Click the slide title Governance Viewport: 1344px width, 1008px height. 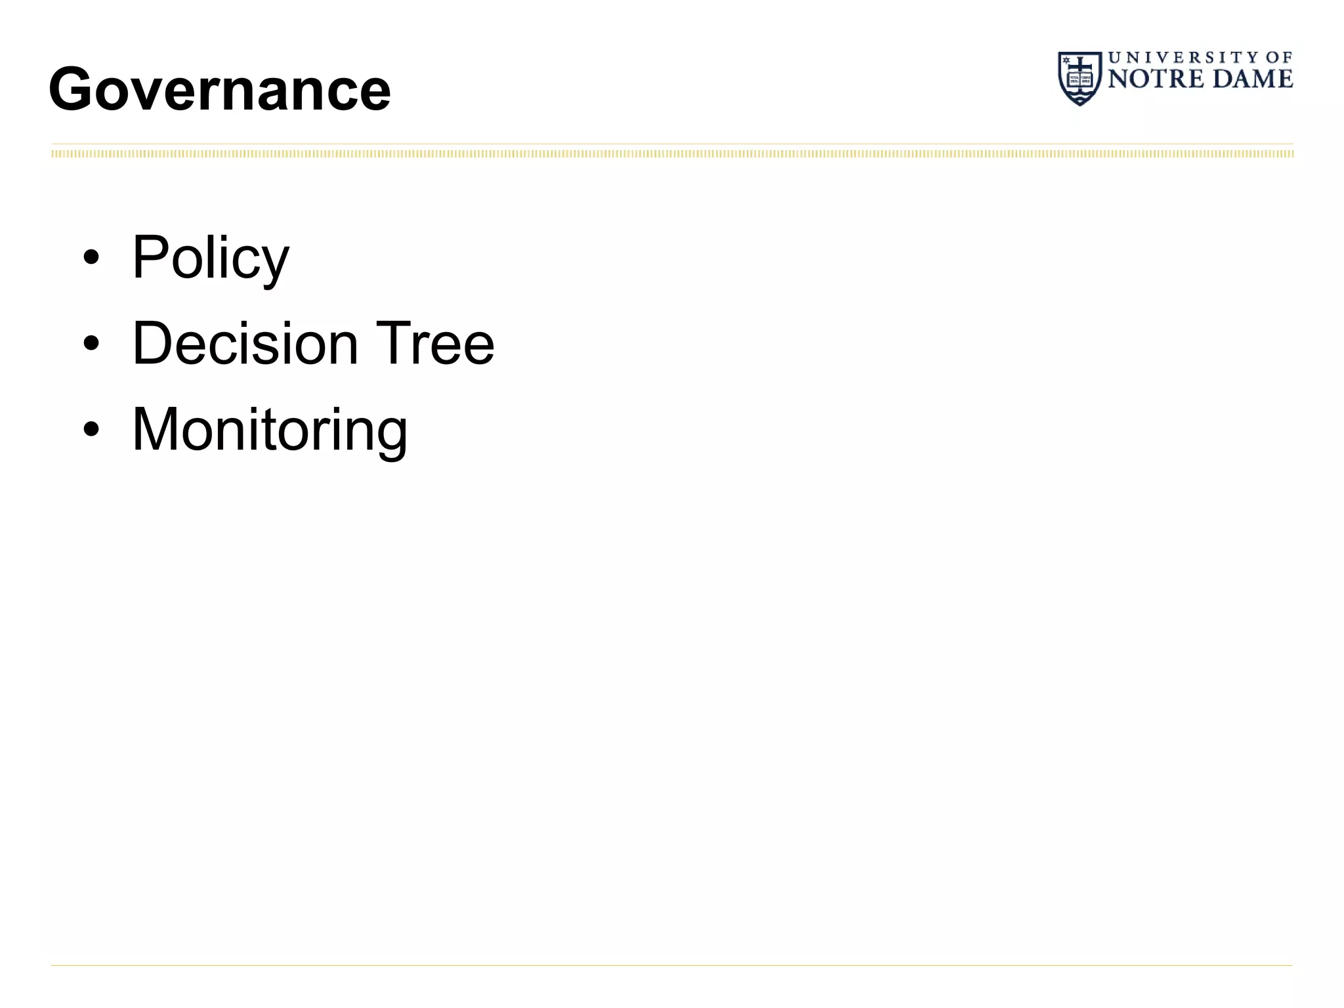click(219, 89)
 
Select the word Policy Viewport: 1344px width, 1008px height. click(210, 257)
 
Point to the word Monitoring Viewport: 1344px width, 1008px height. click(270, 430)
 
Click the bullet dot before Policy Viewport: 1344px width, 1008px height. click(91, 258)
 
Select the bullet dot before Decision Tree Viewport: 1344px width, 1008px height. click(91, 343)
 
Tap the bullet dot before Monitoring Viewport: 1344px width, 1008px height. click(91, 430)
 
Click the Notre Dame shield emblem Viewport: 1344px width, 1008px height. click(1080, 78)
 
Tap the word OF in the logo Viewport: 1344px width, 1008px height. click(1279, 58)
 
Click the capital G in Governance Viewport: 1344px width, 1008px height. click(72, 89)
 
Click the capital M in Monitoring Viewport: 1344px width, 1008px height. click(155, 429)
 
